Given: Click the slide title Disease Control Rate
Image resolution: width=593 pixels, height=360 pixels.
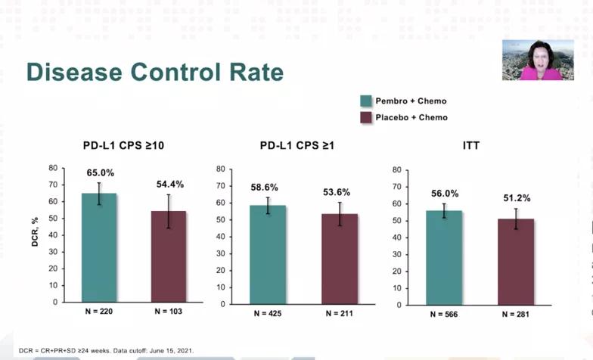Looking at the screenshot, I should (x=155, y=72).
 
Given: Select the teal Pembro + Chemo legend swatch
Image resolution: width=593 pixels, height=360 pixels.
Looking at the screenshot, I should (x=365, y=101).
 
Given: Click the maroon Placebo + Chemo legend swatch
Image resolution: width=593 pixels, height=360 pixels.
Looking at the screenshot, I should (x=365, y=117).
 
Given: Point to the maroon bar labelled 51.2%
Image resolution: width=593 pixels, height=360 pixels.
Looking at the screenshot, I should (x=516, y=260).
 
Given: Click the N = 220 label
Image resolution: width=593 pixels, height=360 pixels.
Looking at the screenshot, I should (x=98, y=312).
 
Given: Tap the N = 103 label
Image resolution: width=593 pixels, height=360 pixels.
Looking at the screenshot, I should (x=169, y=312).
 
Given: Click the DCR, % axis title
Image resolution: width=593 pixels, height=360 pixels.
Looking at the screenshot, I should (x=34, y=234).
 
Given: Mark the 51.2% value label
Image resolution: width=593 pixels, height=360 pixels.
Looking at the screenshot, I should (x=515, y=198).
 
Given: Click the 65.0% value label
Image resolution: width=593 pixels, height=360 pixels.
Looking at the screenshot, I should (x=99, y=173).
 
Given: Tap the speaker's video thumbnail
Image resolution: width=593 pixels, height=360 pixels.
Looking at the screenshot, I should (x=532, y=60).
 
